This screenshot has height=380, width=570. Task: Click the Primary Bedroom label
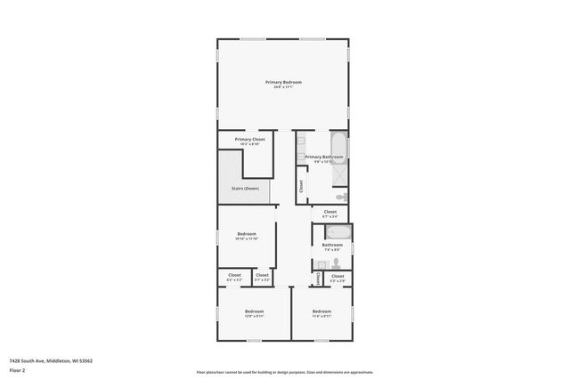tap(283, 82)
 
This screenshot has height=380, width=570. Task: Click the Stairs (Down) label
tap(246, 189)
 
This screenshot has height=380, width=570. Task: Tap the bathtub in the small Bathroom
tap(339, 232)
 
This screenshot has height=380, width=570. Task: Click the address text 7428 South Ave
tap(51, 360)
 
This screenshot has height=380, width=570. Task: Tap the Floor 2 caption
tap(17, 370)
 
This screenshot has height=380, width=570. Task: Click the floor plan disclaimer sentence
tap(284, 372)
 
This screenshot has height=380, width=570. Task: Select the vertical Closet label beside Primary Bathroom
tap(301, 186)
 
